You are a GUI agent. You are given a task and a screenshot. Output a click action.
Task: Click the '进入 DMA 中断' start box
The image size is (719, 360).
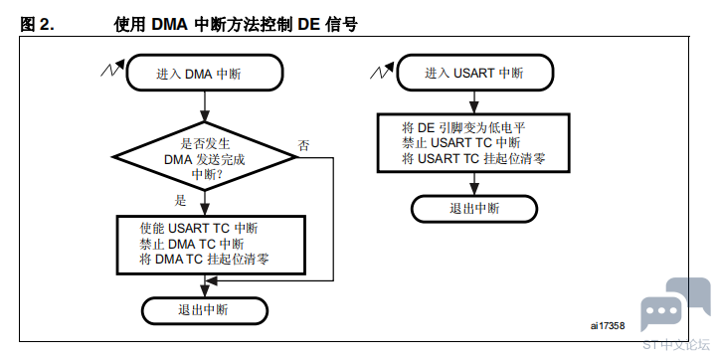205,73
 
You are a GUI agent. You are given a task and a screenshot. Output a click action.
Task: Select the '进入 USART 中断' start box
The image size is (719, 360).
475,73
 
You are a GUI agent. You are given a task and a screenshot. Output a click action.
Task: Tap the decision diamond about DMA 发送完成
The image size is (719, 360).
205,156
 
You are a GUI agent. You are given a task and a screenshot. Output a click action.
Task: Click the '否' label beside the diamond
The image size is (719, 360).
303,146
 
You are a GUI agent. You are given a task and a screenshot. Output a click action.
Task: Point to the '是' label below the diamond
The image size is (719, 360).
180,200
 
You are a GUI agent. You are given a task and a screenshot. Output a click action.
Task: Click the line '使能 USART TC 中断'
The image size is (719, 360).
199,228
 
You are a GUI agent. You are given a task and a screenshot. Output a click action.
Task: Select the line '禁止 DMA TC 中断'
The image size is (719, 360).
192,244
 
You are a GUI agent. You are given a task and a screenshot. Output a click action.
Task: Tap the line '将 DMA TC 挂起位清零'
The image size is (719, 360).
204,260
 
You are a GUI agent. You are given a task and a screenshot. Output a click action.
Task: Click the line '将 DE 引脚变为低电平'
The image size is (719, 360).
463,127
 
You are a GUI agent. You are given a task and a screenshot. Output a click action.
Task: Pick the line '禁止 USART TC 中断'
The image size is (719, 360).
461,143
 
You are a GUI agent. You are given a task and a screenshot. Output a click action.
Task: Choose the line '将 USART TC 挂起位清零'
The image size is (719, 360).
473,159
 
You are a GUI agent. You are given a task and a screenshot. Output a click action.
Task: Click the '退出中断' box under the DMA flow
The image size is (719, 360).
205,310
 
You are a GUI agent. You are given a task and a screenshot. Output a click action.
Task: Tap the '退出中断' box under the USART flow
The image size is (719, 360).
474,209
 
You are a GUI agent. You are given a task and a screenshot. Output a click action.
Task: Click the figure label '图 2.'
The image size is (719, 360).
37,24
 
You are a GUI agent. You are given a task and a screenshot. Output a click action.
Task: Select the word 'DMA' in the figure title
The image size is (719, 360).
170,24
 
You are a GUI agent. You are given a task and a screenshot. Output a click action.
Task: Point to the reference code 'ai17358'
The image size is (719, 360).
608,325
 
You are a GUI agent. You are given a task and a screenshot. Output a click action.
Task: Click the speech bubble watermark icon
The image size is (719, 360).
675,303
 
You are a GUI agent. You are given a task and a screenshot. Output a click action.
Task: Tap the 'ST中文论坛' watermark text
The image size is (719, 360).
676,345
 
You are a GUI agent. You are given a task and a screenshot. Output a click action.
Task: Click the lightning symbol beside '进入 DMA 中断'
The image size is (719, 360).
112,69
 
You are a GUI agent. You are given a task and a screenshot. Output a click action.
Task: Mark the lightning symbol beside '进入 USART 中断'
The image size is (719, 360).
383,71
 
